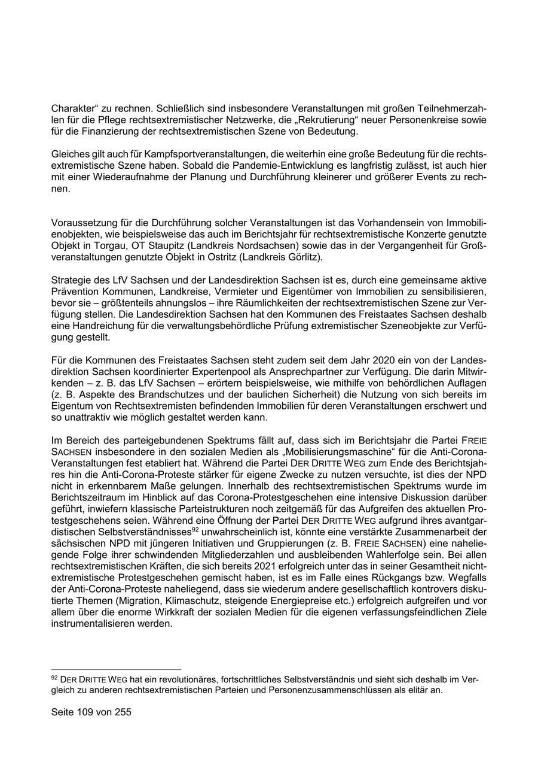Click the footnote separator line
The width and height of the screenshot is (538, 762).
117,669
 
